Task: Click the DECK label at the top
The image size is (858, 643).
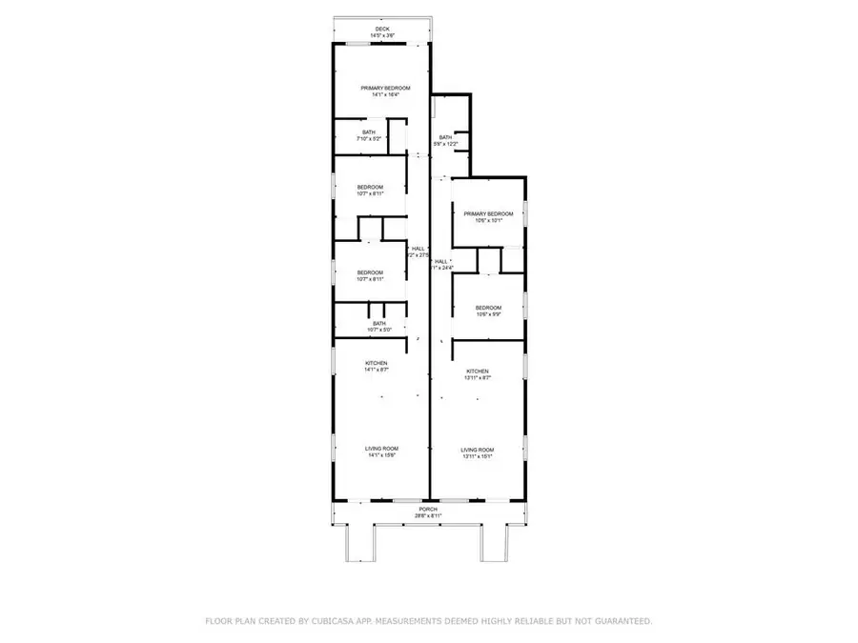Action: pos(383,30)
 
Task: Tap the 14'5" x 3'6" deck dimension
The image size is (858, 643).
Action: pos(383,36)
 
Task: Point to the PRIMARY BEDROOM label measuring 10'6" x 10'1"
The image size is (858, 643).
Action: pos(488,213)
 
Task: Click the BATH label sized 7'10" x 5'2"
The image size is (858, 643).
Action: pos(370,132)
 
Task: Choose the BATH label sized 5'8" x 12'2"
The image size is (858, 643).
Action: pos(445,137)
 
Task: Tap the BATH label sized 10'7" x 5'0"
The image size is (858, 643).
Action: pos(379,323)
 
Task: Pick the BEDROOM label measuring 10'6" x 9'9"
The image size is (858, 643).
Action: pos(488,307)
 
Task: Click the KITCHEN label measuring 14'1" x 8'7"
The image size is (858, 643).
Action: pos(377,363)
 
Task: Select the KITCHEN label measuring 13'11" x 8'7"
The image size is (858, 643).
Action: pos(478,371)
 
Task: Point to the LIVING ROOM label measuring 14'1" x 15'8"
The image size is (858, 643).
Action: pos(381,448)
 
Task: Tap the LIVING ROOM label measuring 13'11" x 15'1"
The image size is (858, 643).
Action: pos(478,449)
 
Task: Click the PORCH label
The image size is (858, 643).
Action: pos(427,510)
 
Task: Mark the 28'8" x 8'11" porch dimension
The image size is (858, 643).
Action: pos(427,516)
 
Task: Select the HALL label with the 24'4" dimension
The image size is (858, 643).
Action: pos(440,261)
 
